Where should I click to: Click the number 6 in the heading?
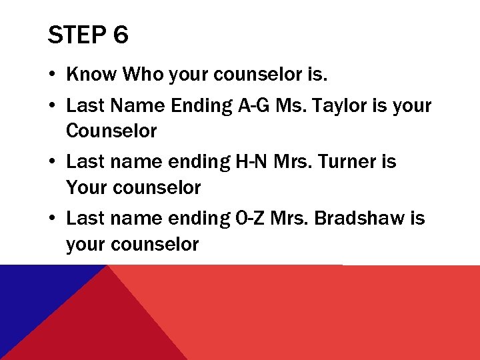[x=121, y=35]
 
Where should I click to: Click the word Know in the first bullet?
[x=91, y=75]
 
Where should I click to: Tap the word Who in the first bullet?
[x=143, y=75]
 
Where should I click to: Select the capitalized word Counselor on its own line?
[x=111, y=131]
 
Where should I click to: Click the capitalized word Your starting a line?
[x=87, y=187]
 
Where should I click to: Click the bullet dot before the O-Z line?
[x=52, y=219]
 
